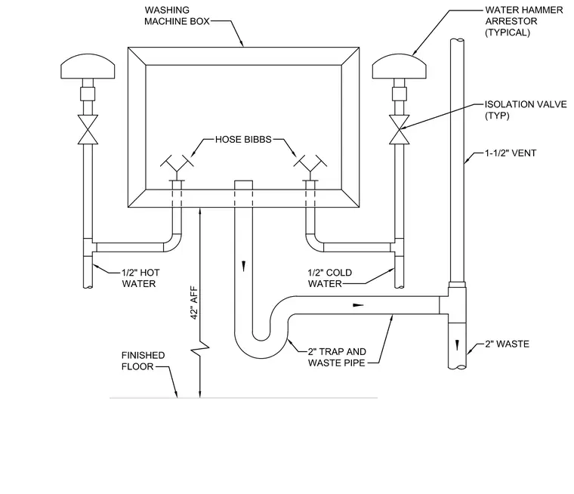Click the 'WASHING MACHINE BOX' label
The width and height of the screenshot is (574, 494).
pos(177,16)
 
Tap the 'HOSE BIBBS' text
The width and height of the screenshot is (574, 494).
pos(243,140)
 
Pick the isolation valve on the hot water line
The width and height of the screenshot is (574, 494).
pos(88,130)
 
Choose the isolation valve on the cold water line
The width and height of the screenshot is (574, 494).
pos(400,130)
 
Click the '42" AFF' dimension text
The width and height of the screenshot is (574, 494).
pos(194,302)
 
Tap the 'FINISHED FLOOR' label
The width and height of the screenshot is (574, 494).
pos(143,361)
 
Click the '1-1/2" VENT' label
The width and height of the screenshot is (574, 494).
pos(511,153)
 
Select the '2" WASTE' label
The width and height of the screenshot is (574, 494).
pos(508,344)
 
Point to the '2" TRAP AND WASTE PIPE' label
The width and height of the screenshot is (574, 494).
pos(337,357)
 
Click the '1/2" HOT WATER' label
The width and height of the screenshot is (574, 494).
pos(140,278)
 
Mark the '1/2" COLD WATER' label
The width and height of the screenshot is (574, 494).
pos(330,278)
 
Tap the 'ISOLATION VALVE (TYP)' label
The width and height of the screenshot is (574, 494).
pos(526,110)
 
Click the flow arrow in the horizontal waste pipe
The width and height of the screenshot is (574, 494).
pos(358,304)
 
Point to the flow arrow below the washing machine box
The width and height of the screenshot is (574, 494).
pos(243,266)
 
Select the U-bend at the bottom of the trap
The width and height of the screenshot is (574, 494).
pos(261,350)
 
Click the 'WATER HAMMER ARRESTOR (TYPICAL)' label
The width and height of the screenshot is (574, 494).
pos(524,21)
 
